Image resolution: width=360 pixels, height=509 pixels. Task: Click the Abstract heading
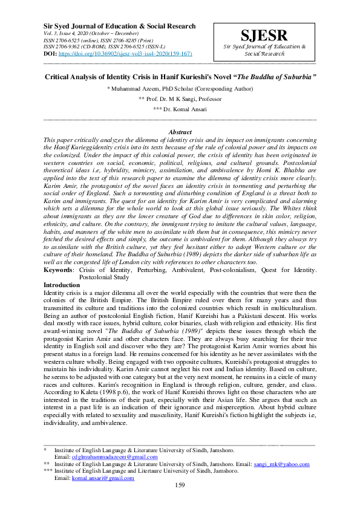(x=180, y=131)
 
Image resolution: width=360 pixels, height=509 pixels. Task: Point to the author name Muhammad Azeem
(x=139, y=88)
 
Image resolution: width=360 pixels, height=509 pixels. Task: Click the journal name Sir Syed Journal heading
(x=120, y=27)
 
